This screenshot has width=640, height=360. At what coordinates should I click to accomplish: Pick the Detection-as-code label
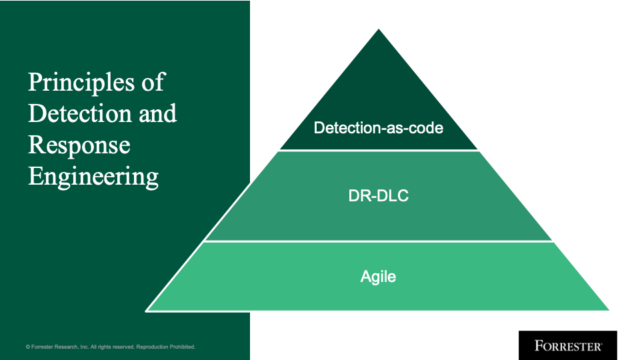pyautogui.click(x=378, y=128)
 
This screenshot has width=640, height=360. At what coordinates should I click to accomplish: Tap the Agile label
pyautogui.click(x=378, y=272)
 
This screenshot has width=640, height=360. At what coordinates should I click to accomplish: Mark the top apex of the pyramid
pyautogui.click(x=378, y=29)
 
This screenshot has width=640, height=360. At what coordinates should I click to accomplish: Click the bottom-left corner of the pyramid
pyautogui.click(x=148, y=307)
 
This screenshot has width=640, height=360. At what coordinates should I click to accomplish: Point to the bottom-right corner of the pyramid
pyautogui.click(x=608, y=307)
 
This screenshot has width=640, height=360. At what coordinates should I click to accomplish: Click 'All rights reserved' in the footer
pyautogui.click(x=117, y=346)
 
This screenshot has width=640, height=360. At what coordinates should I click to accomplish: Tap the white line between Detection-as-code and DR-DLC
pyautogui.click(x=378, y=151)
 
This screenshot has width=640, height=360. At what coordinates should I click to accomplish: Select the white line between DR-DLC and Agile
pyautogui.click(x=378, y=242)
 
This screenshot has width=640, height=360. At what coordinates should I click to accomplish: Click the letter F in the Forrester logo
pyautogui.click(x=524, y=343)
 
